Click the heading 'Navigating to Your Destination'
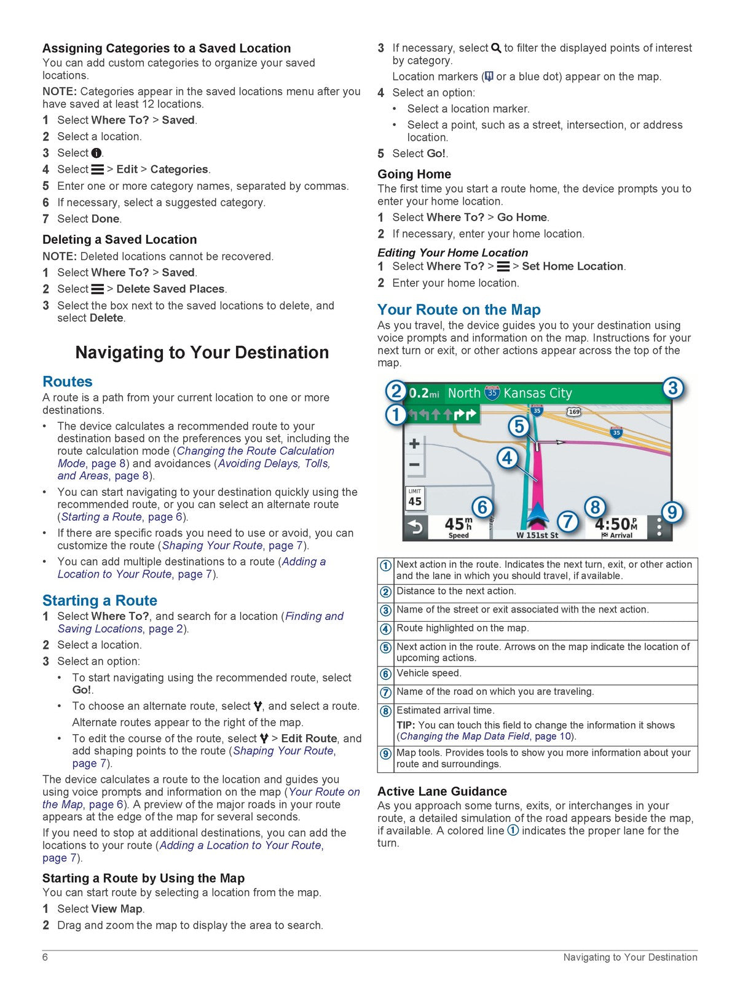pyautogui.click(x=202, y=353)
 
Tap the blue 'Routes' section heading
pyautogui.click(x=67, y=382)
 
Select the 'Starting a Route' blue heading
pyautogui.click(x=100, y=600)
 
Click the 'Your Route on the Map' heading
pyautogui.click(x=459, y=310)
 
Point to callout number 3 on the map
pyautogui.click(x=672, y=388)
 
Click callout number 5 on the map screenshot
pyautogui.click(x=519, y=426)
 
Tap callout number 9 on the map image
pyautogui.click(x=672, y=512)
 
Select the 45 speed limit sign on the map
pyautogui.click(x=415, y=498)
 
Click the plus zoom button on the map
pyautogui.click(x=415, y=444)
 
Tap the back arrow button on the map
pyautogui.click(x=415, y=527)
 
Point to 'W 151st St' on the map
pyautogui.click(x=537, y=535)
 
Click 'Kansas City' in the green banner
pyautogui.click(x=537, y=393)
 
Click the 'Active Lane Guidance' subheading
pyautogui.click(x=442, y=791)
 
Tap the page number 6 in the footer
pyautogui.click(x=45, y=957)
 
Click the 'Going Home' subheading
pyautogui.click(x=414, y=174)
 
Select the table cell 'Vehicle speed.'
pyautogui.click(x=428, y=673)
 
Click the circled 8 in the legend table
pyautogui.click(x=385, y=711)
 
